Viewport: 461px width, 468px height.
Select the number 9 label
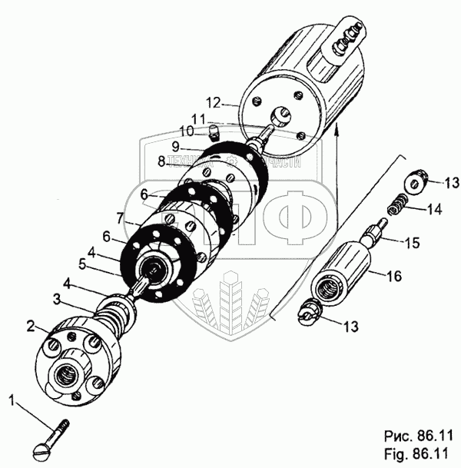point(176,145)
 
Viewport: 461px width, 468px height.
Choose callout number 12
point(213,101)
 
